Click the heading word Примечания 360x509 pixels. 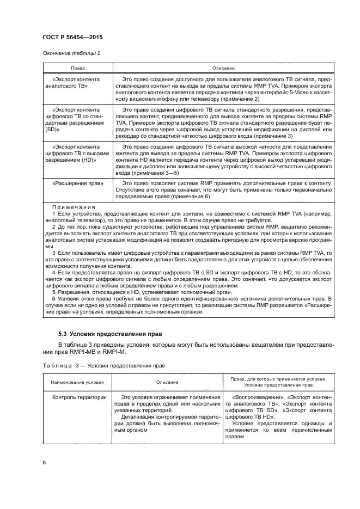[74, 207]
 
